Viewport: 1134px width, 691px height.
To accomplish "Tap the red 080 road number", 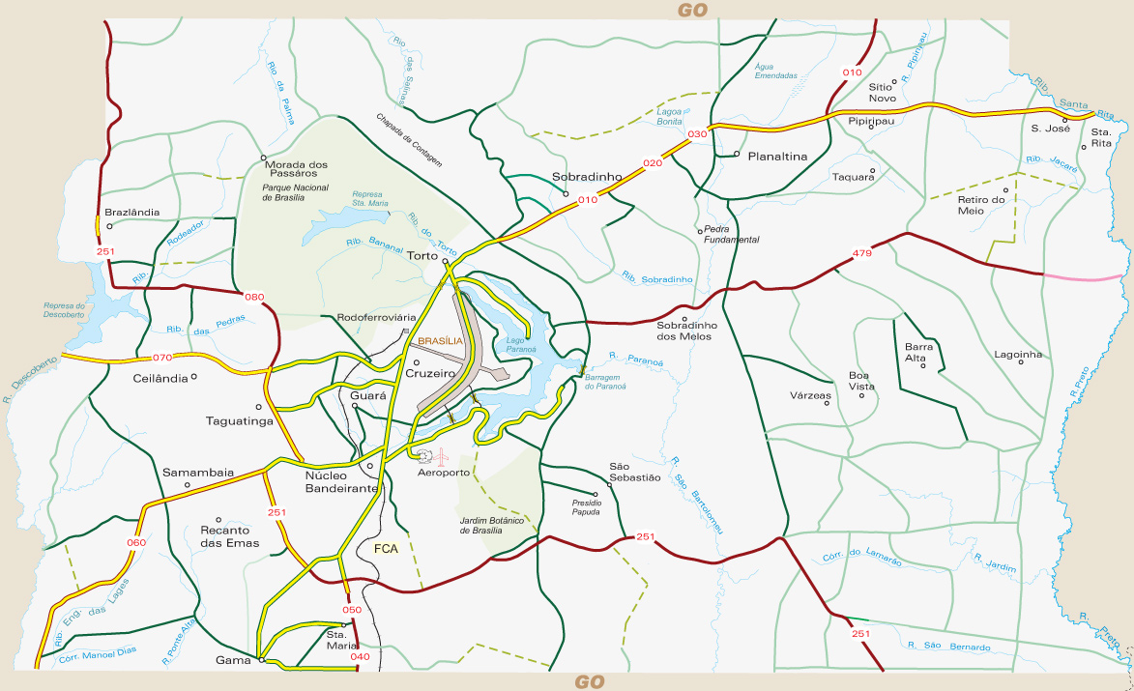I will [x=255, y=297].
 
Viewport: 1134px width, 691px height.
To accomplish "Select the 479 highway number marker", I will [x=862, y=254].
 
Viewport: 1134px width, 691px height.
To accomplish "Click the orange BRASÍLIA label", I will [x=441, y=341].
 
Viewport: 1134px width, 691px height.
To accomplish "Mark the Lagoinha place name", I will [x=1019, y=354].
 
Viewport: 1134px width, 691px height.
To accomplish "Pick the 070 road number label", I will [x=162, y=357].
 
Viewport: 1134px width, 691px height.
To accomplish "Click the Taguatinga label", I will [x=240, y=420].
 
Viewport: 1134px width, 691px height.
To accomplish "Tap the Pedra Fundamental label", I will [x=731, y=234].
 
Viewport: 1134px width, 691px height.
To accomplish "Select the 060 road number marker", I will [x=135, y=542].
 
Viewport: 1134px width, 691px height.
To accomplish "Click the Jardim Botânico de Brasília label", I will [x=494, y=525].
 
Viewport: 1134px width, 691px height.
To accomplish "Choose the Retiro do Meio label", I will [x=983, y=205].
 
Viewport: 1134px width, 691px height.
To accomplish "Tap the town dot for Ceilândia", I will [x=194, y=377].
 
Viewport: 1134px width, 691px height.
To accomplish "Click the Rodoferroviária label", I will [x=376, y=317].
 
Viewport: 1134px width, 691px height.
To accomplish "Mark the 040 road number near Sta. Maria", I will [x=360, y=657].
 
